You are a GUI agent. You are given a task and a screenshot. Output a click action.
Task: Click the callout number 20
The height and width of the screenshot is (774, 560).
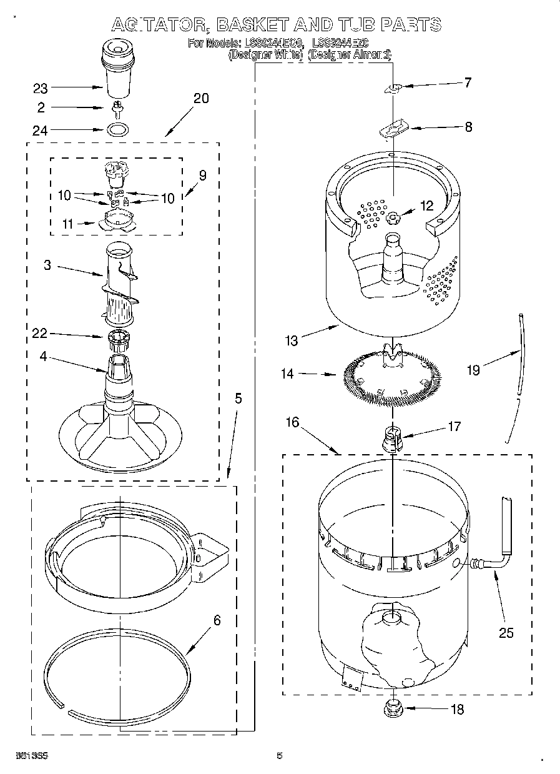point(201,98)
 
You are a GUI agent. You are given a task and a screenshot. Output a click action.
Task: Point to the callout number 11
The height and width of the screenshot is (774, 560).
point(67,224)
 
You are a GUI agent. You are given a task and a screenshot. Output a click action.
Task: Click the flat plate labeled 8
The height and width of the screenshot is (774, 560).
point(393,131)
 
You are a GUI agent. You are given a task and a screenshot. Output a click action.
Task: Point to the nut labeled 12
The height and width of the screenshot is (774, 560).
point(393,217)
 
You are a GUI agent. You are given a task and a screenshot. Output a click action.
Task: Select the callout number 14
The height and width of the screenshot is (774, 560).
point(287,375)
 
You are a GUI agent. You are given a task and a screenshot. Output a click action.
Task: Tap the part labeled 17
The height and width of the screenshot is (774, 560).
point(391,437)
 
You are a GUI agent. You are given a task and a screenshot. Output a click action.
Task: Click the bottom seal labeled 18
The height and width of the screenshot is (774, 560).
point(393,708)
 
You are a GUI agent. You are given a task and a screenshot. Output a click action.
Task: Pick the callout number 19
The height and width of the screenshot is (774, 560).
point(473,370)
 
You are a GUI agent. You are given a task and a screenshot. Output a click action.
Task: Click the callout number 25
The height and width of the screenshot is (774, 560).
point(506,633)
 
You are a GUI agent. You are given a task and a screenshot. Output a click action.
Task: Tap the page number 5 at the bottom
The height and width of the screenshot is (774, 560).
point(280,756)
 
